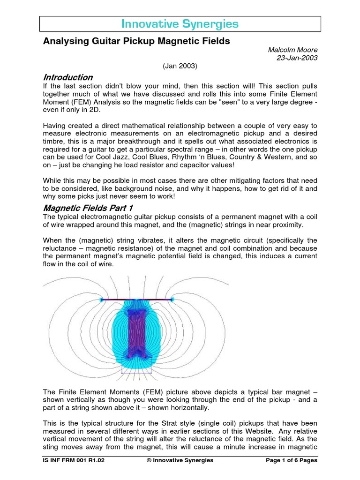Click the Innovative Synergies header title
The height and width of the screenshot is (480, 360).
pos(180,24)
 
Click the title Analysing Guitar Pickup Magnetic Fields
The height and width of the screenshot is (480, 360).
pos(136,41)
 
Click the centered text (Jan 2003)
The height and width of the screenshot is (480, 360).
pos(180,67)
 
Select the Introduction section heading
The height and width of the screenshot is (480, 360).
pos(68,77)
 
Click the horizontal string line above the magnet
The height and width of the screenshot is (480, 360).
pos(137,300)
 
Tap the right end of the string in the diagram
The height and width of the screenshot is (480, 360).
pos(172,300)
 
